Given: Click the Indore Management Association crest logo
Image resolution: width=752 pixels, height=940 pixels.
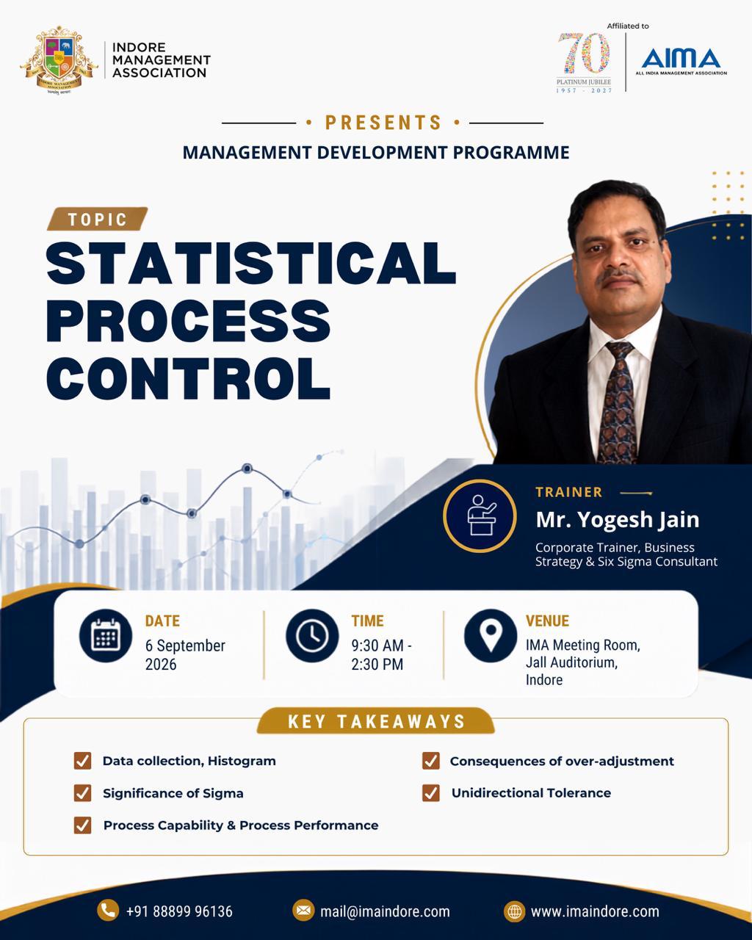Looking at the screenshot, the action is [x=59, y=60].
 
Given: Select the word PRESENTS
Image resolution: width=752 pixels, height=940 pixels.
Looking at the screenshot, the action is [x=383, y=123].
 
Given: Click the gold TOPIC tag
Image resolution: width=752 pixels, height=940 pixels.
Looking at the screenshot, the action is [x=98, y=219].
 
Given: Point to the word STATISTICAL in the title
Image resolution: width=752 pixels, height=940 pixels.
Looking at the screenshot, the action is [x=251, y=264].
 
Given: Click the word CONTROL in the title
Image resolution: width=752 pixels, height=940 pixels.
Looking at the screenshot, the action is [x=188, y=378].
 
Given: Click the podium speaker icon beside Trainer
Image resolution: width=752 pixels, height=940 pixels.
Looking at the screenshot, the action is [x=480, y=516].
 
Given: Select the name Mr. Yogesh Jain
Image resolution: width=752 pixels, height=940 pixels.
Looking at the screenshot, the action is [x=618, y=520].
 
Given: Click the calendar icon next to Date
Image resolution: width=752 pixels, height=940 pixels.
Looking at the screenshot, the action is [x=106, y=635].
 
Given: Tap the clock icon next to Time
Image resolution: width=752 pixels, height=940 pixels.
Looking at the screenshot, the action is [x=312, y=635].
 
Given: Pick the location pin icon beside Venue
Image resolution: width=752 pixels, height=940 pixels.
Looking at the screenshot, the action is [x=491, y=635].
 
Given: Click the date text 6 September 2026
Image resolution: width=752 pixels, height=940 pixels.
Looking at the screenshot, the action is [x=185, y=655].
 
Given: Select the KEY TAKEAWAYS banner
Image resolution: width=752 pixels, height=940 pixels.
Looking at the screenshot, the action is [x=376, y=721].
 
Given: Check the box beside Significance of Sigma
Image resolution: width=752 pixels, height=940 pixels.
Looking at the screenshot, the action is [x=82, y=793].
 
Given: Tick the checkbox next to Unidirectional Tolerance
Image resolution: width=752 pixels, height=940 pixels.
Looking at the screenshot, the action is [x=431, y=792].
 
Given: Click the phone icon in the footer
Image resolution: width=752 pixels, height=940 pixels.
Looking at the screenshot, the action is [x=108, y=911].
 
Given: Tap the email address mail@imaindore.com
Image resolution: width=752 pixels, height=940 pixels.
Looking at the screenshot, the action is [x=385, y=911].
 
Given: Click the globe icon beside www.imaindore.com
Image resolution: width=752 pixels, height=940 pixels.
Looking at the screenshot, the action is [x=514, y=911].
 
